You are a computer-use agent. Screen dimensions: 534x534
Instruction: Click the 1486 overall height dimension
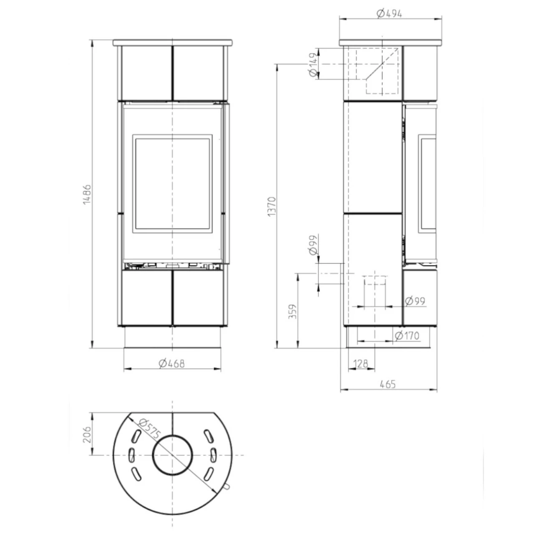87,194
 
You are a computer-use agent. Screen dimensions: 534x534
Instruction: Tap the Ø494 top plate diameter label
389,13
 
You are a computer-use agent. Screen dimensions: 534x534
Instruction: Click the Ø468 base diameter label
172,363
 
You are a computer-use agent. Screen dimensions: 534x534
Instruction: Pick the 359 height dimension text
292,312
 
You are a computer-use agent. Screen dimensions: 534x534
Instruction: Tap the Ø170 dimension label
407,335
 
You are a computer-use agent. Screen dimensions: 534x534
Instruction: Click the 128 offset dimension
361,363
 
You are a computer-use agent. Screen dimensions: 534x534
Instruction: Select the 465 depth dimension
388,384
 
